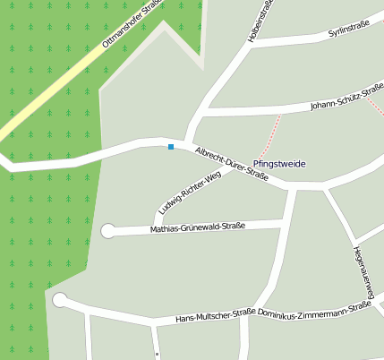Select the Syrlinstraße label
tap(349, 31)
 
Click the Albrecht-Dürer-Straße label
tap(231, 163)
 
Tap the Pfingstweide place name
tap(279, 165)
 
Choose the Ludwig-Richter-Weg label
tap(189, 193)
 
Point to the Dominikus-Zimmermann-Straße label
tap(314, 309)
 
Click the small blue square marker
tap(170, 147)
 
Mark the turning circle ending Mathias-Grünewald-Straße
tap(108, 231)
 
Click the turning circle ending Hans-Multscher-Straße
tap(60, 300)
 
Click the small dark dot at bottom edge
tap(157, 353)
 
